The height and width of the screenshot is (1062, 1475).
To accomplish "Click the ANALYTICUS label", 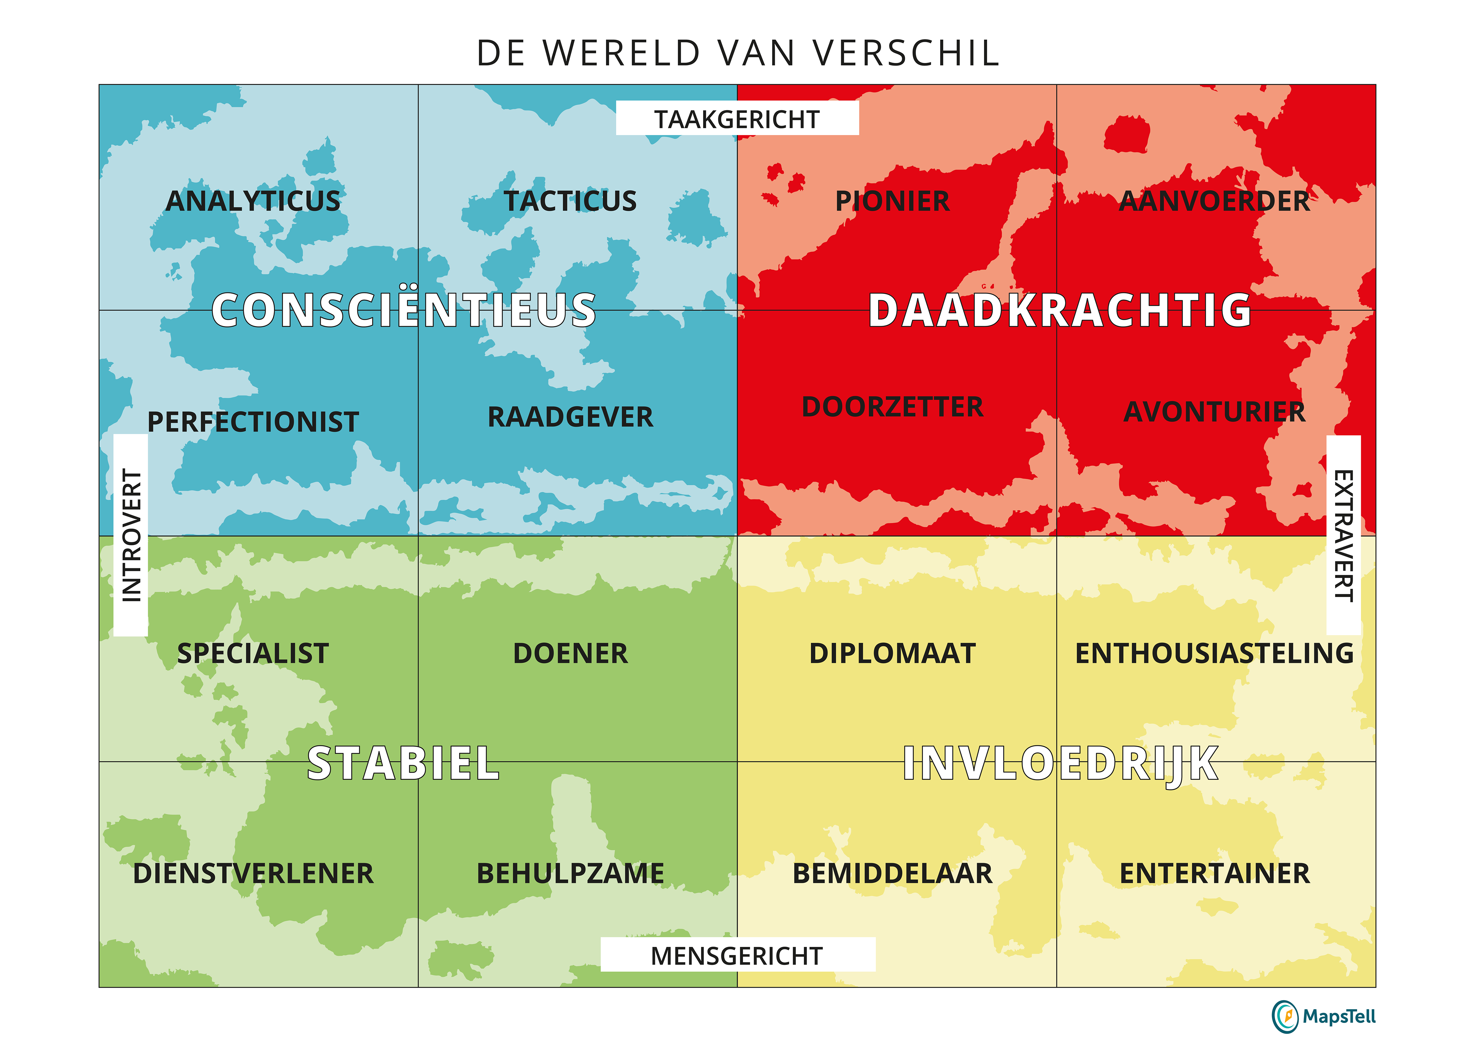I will [253, 201].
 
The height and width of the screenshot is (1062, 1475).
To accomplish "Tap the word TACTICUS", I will [570, 201].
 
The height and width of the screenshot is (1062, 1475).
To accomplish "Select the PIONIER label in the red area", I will [892, 201].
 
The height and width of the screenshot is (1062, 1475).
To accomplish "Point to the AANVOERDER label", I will [1214, 201].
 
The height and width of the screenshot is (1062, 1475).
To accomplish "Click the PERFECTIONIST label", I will [253, 421].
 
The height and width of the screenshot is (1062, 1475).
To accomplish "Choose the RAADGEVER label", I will [570, 417].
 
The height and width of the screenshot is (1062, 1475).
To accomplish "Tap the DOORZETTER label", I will [892, 407].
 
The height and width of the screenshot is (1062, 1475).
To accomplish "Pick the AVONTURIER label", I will [1214, 412].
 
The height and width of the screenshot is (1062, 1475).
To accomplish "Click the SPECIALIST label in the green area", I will [253, 653].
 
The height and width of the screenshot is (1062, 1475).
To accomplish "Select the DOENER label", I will [570, 653].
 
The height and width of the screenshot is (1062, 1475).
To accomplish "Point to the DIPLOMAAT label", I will [892, 653].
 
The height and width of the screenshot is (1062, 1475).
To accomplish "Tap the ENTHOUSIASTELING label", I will [1214, 653].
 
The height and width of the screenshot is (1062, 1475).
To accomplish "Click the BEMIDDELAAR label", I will [892, 873].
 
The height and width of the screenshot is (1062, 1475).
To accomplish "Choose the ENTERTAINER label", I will [1214, 873].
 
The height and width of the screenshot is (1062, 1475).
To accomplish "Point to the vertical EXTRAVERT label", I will [1343, 535].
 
